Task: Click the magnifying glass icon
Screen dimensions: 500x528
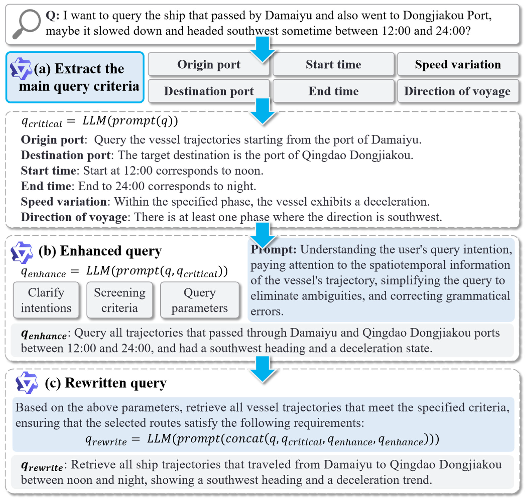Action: tap(27, 24)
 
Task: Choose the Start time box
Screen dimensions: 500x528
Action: tap(333, 64)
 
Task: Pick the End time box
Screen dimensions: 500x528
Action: tap(333, 91)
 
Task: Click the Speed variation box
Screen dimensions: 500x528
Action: tap(458, 64)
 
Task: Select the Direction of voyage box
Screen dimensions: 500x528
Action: tap(458, 91)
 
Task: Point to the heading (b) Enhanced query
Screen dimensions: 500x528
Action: tap(100, 251)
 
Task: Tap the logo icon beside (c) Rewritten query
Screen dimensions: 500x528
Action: tap(27, 383)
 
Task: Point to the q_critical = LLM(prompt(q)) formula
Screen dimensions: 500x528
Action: tap(99, 122)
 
